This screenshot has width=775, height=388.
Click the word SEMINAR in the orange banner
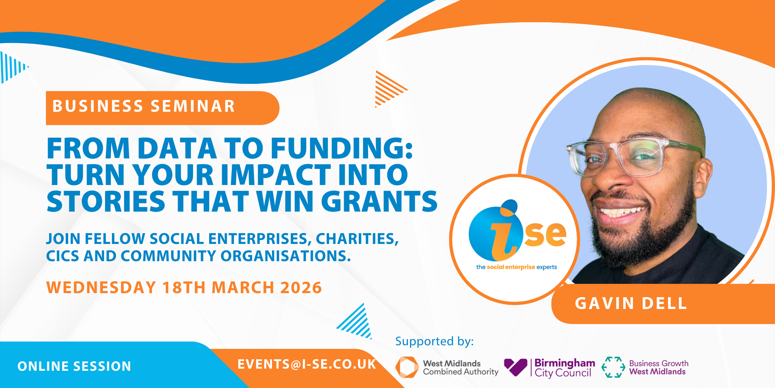click(x=193, y=106)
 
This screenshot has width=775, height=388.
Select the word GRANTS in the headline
click(x=379, y=201)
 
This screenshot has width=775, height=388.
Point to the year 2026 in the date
click(x=301, y=288)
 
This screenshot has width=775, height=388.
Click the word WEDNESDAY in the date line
click(x=101, y=288)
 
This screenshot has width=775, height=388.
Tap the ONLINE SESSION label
click(x=74, y=366)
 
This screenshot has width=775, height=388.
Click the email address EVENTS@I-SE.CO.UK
click(x=307, y=364)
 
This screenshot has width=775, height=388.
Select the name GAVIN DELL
click(x=631, y=304)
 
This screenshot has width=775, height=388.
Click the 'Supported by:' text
click(x=435, y=341)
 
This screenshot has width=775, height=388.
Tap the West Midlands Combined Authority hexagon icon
click(x=407, y=367)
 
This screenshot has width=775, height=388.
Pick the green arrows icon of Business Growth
click(x=613, y=367)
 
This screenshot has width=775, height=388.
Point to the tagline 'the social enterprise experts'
click(x=517, y=267)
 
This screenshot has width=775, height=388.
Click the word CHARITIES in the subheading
click(x=357, y=239)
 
